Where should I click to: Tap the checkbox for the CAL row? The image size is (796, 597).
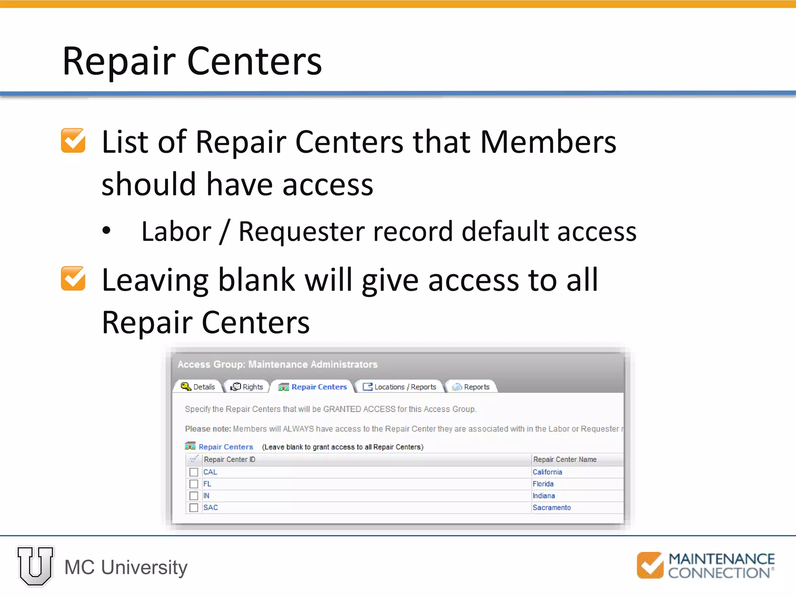point(194,472)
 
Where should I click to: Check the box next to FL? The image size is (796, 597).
point(194,484)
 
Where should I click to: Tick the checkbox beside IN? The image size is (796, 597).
point(194,496)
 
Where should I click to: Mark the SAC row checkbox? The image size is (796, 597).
point(194,508)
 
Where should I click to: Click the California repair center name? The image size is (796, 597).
point(547,472)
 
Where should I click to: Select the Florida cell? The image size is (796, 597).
point(543,484)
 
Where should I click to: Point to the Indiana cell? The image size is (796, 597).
point(544,496)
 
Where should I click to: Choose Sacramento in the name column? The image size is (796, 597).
point(552,508)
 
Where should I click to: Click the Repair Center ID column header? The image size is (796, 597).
point(229,459)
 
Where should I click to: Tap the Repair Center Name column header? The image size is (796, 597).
point(565,459)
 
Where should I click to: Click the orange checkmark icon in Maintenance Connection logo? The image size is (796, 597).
point(650,565)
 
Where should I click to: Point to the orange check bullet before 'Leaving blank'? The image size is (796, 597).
point(73,278)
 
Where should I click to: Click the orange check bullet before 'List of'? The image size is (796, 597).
point(73,140)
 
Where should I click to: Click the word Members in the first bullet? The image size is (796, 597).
point(548,142)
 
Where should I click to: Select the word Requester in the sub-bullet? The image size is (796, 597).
point(301,232)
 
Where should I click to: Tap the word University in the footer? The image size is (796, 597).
point(144,567)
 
